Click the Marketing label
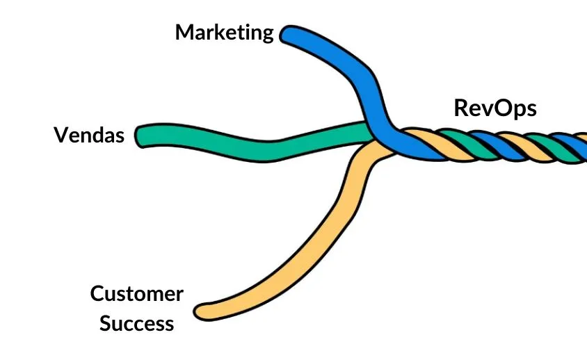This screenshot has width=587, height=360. pyautogui.click(x=224, y=33)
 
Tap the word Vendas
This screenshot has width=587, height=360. pyautogui.click(x=89, y=135)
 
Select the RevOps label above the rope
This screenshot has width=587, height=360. pyautogui.click(x=495, y=108)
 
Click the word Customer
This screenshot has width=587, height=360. pyautogui.click(x=137, y=294)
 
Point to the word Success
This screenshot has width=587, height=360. pyautogui.click(x=136, y=323)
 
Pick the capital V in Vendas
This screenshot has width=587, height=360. pyautogui.click(x=61, y=135)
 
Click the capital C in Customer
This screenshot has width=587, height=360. pyautogui.click(x=98, y=294)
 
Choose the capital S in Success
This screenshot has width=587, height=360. pyautogui.click(x=106, y=323)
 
